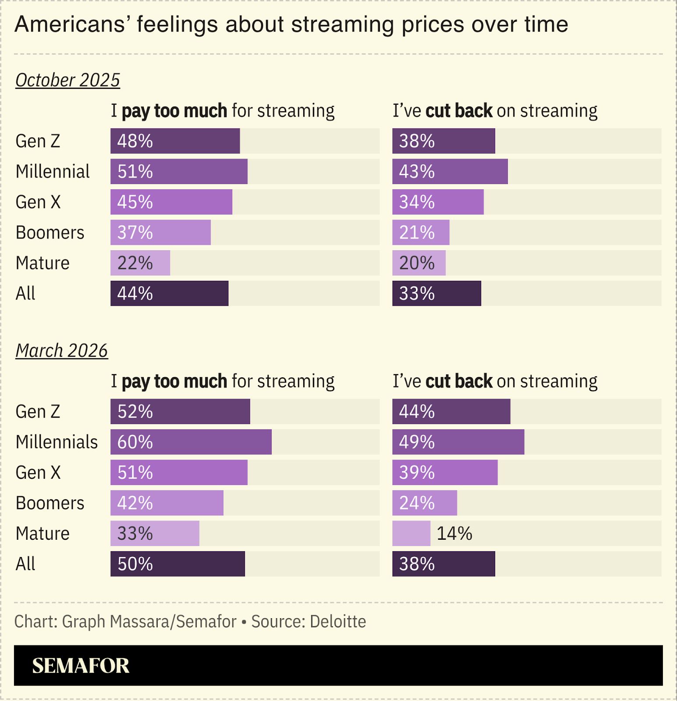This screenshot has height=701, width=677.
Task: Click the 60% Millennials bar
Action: point(191,442)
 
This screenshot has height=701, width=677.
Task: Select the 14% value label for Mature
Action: point(454,534)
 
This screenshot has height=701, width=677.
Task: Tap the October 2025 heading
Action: point(67,80)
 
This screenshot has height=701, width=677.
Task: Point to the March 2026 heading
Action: point(61,350)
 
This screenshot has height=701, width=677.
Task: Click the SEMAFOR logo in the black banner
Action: point(81,666)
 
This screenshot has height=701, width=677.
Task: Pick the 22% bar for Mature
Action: point(140,263)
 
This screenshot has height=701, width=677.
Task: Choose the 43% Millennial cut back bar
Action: point(450,171)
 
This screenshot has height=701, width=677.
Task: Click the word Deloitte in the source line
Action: point(337,621)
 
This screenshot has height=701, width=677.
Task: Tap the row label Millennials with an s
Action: point(57,442)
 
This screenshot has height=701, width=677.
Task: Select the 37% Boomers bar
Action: point(160,232)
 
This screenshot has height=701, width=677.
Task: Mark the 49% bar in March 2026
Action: point(458,442)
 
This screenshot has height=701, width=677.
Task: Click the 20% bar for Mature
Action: point(418,263)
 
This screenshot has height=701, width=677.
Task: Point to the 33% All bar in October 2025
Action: point(436,293)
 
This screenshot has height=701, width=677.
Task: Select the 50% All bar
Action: point(177,564)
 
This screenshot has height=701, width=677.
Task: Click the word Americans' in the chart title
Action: point(71,24)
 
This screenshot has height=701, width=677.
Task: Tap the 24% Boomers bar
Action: point(424,503)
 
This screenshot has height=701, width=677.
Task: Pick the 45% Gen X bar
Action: point(171,202)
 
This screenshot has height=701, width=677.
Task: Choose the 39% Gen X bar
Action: point(445,472)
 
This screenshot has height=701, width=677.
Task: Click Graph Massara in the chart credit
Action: point(115,621)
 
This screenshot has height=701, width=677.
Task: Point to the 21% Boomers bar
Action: point(421,232)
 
